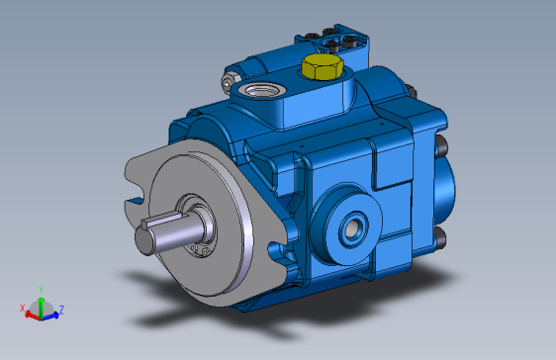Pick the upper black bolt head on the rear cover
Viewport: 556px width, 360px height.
(441, 149)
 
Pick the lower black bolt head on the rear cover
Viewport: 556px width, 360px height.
(438, 237)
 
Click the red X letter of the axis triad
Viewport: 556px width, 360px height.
(23, 309)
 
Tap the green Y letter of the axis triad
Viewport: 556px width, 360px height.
(41, 289)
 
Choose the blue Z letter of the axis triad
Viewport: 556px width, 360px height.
(61, 310)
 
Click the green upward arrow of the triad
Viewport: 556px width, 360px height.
(41, 302)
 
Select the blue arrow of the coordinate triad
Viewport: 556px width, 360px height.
(50, 315)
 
